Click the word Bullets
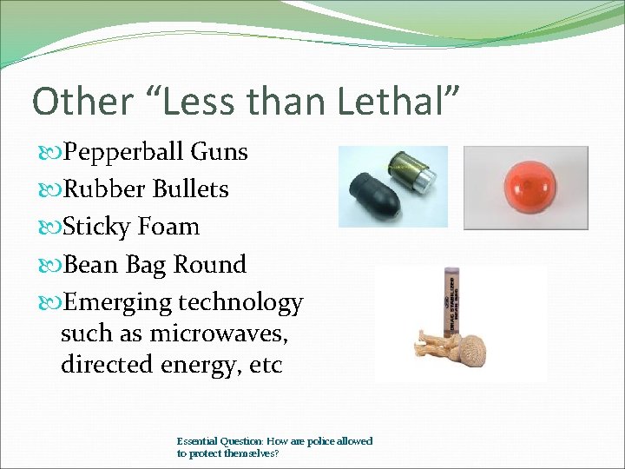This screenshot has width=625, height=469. [191, 189]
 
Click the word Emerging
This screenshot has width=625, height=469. [118, 303]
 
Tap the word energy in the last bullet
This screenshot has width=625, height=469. [200, 366]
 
